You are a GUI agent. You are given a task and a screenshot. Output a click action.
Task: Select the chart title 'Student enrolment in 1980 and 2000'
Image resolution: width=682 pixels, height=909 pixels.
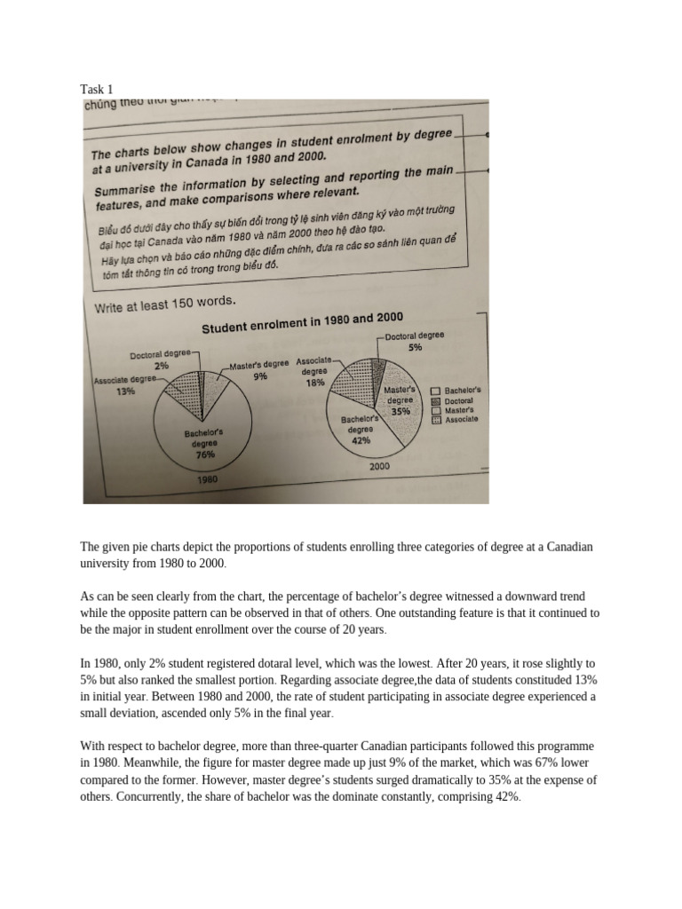click(302, 322)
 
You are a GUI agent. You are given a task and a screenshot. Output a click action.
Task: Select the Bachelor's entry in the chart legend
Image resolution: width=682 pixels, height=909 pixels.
click(462, 391)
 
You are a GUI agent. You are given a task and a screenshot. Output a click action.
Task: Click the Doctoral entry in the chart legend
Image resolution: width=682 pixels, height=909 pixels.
click(460, 400)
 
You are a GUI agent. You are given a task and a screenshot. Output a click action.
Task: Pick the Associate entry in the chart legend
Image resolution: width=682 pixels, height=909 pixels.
click(461, 419)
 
